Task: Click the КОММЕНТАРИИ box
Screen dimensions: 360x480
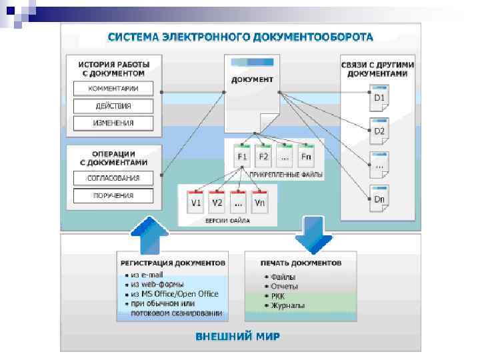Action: tap(113, 89)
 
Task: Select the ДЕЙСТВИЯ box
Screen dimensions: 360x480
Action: tap(113, 106)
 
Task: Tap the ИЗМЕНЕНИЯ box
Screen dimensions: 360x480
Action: tap(113, 123)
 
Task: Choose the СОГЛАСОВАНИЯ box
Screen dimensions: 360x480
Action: tap(113, 178)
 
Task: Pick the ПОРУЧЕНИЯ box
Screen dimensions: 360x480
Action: tap(113, 196)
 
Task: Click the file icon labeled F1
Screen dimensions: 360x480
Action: tap(242, 156)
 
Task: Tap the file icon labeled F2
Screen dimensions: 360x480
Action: tap(263, 156)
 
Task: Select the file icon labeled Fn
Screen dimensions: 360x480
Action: tap(306, 156)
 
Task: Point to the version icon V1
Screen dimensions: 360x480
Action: tap(197, 201)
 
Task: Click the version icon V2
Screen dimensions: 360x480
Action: tap(217, 201)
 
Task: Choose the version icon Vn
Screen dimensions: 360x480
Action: tap(260, 201)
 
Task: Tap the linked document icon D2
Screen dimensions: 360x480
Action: tap(379, 131)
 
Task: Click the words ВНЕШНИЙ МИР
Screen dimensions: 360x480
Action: tap(238, 335)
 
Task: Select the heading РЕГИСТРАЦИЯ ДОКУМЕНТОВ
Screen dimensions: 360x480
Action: tap(172, 262)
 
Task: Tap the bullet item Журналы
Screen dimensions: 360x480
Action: tap(288, 306)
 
